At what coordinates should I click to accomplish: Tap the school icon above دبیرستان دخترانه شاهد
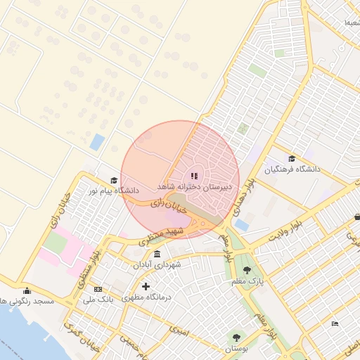pyautogui.click(x=195, y=175)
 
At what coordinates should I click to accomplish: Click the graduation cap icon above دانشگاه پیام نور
pyautogui.click(x=112, y=179)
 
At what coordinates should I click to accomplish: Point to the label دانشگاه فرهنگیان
pyautogui.click(x=292, y=169)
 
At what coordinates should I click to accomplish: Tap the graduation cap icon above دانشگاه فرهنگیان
pyautogui.click(x=292, y=158)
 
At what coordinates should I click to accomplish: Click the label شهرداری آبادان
pyautogui.click(x=156, y=265)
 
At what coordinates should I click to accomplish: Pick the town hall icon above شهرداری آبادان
pyautogui.click(x=156, y=254)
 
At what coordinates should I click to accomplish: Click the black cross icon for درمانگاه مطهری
pyautogui.click(x=146, y=286)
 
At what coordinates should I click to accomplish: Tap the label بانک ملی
pyautogui.click(x=98, y=300)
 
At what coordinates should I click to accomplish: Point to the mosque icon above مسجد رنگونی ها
pyautogui.click(x=27, y=291)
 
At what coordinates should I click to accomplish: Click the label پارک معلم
pyautogui.click(x=246, y=282)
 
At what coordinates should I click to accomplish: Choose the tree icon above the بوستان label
pyautogui.click(x=236, y=337)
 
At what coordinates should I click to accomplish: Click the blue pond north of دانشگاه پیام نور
pyautogui.click(x=97, y=141)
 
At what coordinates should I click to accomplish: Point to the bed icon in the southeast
pyautogui.click(x=335, y=323)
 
